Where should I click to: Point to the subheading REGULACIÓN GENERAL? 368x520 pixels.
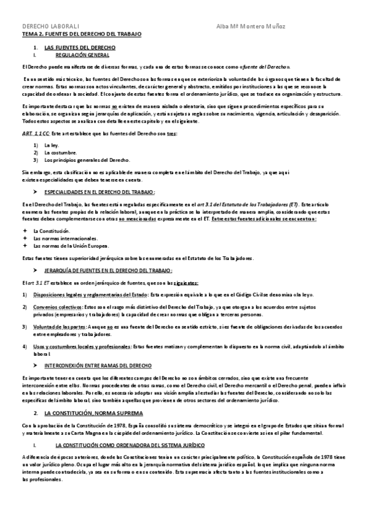(82, 55)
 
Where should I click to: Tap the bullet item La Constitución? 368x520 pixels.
(52, 230)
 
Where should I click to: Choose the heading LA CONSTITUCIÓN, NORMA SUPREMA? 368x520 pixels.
(93, 413)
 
